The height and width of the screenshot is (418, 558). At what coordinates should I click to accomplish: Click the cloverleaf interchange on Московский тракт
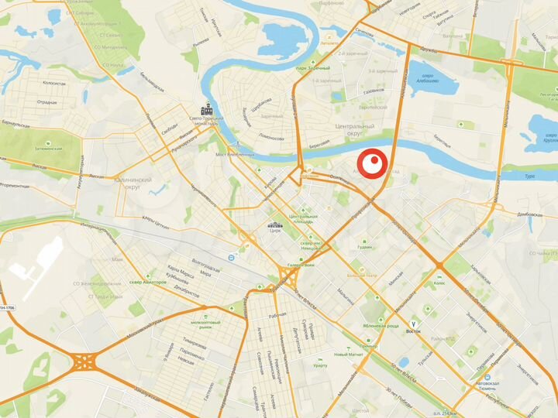click(x=84, y=360)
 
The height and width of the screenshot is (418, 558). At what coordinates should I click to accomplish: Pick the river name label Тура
click(x=530, y=176)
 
